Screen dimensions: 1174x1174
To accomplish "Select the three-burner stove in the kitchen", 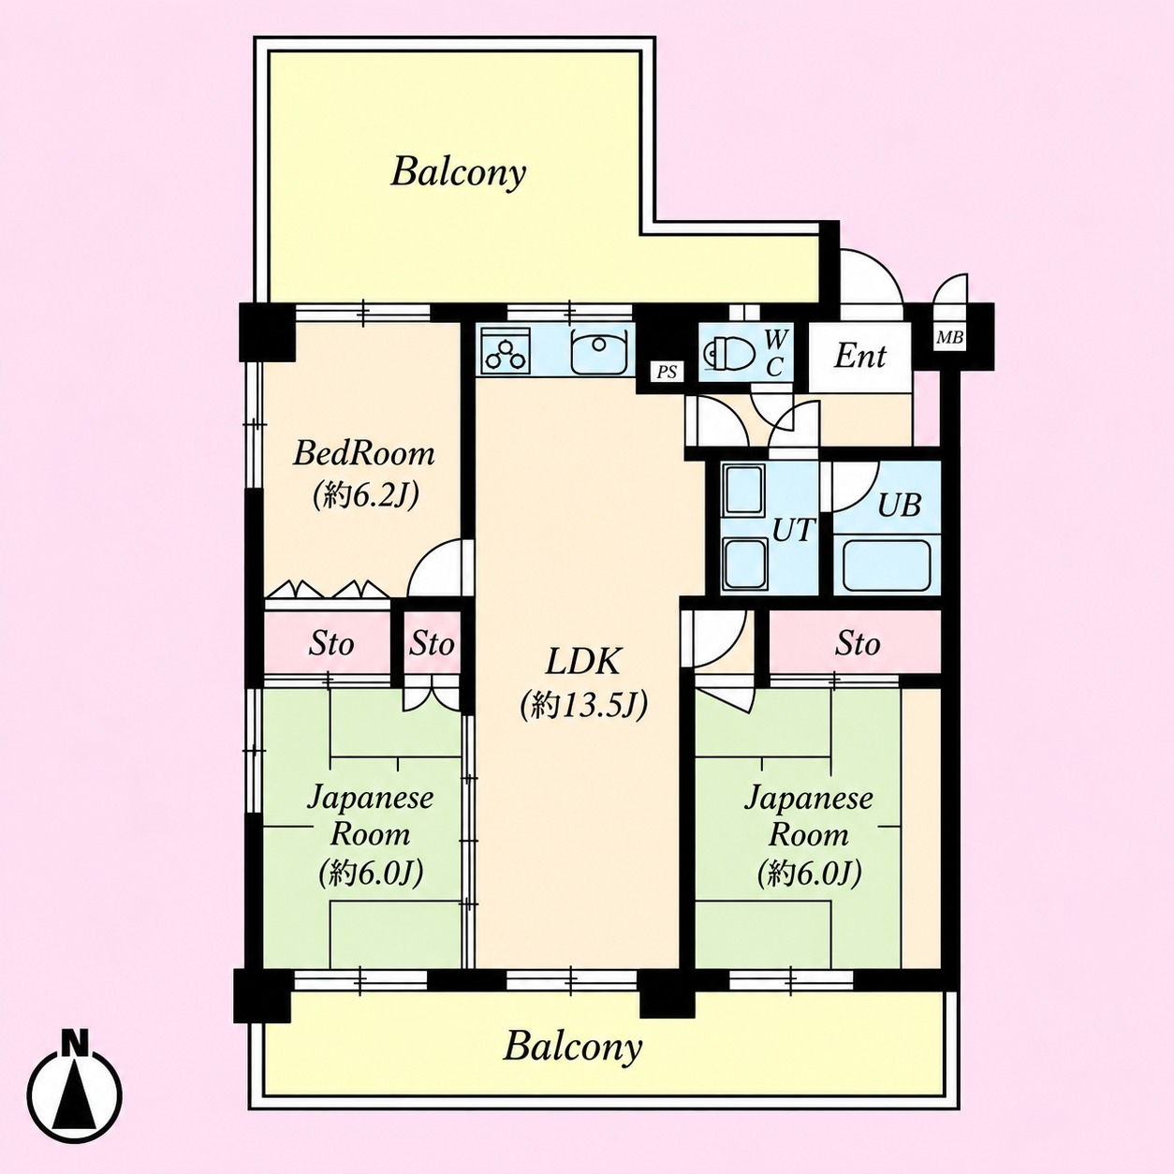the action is pyautogui.click(x=506, y=350).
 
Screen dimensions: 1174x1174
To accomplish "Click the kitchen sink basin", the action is pyautogui.click(x=598, y=351).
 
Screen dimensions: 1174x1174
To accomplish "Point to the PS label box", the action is pyautogui.click(x=667, y=372).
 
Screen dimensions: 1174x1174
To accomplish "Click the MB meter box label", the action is pyautogui.click(x=950, y=336).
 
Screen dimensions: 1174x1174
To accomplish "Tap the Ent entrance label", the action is pyautogui.click(x=859, y=356).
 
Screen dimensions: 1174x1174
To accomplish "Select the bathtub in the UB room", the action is pyautogui.click(x=886, y=564).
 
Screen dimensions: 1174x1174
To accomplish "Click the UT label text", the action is pyautogui.click(x=793, y=530).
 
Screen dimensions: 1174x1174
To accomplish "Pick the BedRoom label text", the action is pyautogui.click(x=363, y=454).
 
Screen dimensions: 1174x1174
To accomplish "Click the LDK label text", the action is pyautogui.click(x=582, y=662).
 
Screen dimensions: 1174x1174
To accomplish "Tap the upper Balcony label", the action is pyautogui.click(x=458, y=173).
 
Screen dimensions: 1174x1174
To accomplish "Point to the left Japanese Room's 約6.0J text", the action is pyautogui.click(x=371, y=874).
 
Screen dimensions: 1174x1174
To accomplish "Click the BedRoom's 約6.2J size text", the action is pyautogui.click(x=365, y=496).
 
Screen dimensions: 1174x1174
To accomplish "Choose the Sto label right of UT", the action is pyautogui.click(x=858, y=643).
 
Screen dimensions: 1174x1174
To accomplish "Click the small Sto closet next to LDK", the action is pyautogui.click(x=432, y=643).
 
